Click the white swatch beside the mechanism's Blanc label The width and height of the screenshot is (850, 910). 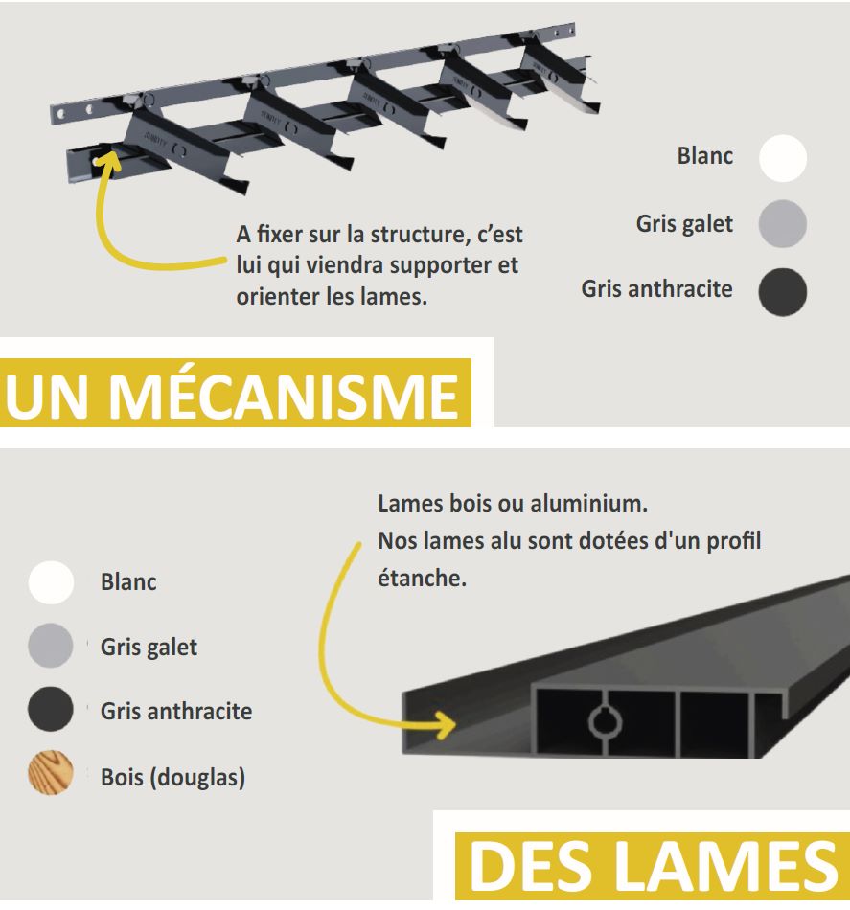coord(783,158)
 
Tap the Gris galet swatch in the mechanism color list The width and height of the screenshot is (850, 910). coord(783,224)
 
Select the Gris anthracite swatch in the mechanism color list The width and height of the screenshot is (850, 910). coord(783,292)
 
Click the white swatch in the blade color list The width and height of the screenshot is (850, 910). coord(51,582)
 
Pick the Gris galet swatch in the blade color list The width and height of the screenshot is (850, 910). coord(51,646)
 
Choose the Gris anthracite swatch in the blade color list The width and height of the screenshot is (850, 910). coord(51,709)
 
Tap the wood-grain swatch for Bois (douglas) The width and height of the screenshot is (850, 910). coord(51,772)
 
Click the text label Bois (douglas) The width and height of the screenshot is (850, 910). coord(173,778)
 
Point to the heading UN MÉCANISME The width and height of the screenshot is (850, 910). coord(232,397)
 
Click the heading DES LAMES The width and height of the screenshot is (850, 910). coord(653,866)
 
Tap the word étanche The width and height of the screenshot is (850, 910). coord(422,578)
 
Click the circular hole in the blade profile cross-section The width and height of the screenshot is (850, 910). coord(605,722)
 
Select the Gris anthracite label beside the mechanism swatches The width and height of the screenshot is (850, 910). coord(656,289)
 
